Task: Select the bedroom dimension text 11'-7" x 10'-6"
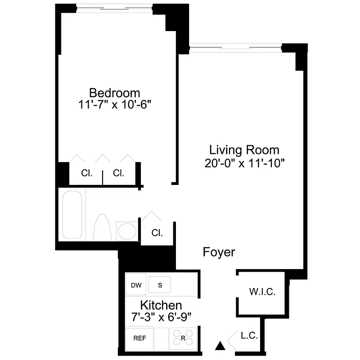coord(115,104)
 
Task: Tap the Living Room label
coord(244,150)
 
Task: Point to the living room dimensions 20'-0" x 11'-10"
coord(244,163)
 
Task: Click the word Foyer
coord(219,252)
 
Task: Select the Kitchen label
coord(161,306)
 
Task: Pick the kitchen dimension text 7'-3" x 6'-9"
coord(161,317)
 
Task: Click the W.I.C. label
coord(262,292)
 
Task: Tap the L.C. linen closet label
coord(249,336)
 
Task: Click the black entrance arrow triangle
coord(220,346)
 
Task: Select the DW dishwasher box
coord(136,285)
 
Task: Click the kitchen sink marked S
coord(160,285)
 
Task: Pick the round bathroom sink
coord(126,230)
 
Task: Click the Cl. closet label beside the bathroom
coord(157,233)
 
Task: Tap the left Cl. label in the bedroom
coord(87,173)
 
